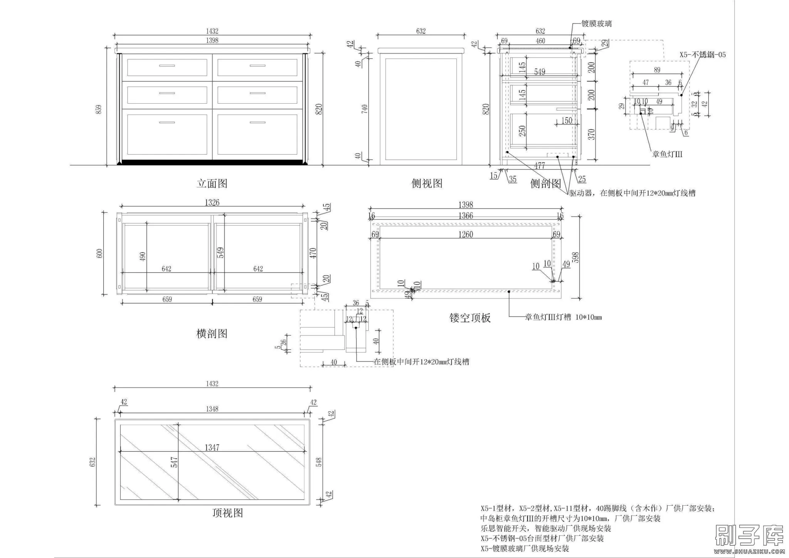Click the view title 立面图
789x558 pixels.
(212, 183)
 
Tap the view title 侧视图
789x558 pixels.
(427, 183)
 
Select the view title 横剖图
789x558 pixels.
(212, 334)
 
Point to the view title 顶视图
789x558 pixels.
(228, 513)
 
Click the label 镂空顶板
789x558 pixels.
(470, 318)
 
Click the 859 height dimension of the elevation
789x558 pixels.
(99, 109)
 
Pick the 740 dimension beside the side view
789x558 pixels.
(364, 109)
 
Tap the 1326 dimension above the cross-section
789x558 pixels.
(212, 203)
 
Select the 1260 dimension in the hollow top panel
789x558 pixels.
(465, 234)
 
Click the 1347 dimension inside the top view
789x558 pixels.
(212, 447)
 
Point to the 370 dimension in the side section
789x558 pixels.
(592, 134)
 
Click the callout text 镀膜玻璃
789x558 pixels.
(596, 24)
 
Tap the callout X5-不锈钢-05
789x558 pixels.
(702, 55)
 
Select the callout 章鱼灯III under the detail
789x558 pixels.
(667, 155)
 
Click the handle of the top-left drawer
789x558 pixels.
(167, 66)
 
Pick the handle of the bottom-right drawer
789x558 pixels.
(257, 123)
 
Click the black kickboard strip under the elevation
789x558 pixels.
(212, 162)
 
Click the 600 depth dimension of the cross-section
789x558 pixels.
(100, 253)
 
